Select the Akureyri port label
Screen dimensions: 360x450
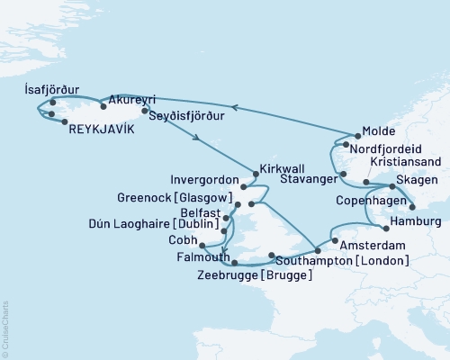click(133, 101)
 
